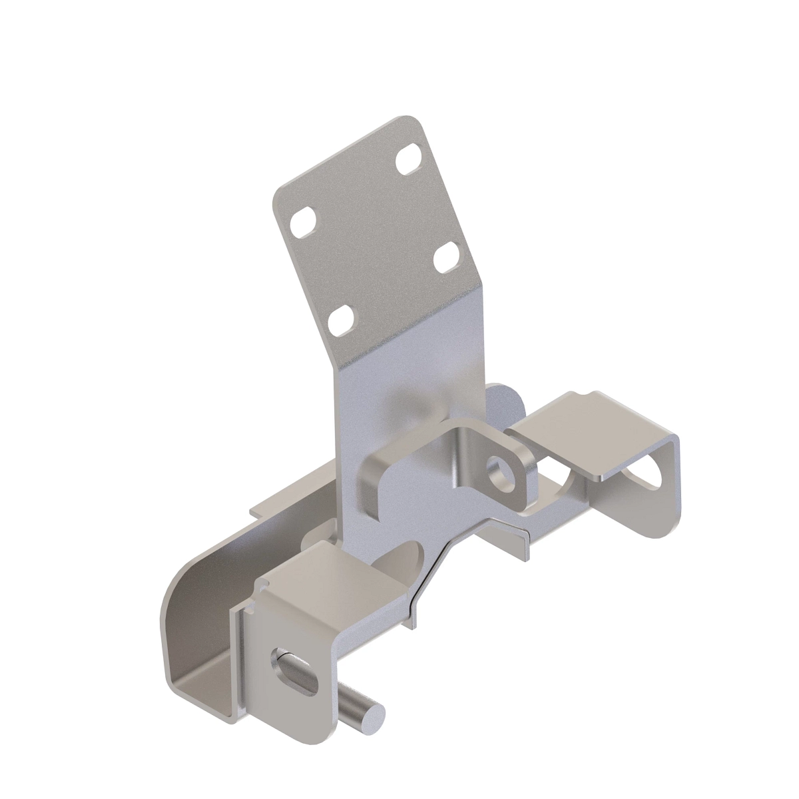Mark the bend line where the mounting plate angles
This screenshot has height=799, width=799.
406,326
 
